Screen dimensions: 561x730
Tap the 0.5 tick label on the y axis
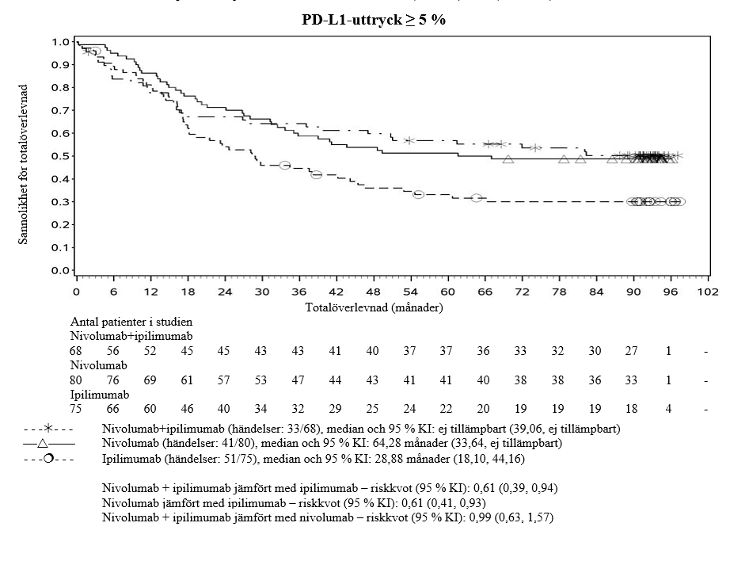click(x=60, y=156)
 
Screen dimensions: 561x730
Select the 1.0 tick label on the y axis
click(x=60, y=41)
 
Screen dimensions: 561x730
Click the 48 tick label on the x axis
click(x=373, y=291)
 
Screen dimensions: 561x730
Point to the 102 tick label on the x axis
click(x=706, y=291)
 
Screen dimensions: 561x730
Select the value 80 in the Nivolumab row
click(x=77, y=380)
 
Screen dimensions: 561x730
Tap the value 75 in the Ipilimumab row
click(x=77, y=410)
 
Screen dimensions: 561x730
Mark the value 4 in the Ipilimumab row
click(x=670, y=410)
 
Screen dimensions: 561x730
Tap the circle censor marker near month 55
click(x=418, y=194)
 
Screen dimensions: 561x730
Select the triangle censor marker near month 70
click(x=508, y=159)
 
